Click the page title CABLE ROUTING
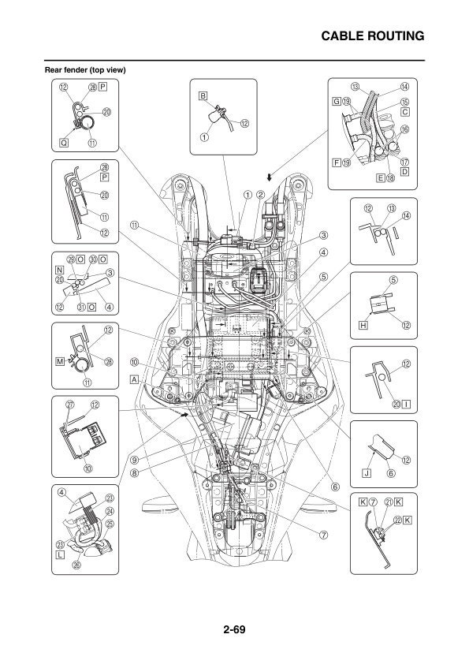click(x=374, y=36)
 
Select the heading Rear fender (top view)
click(x=85, y=69)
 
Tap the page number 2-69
click(x=234, y=629)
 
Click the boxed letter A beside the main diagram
click(x=136, y=379)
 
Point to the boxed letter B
click(x=203, y=95)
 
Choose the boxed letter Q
click(x=64, y=144)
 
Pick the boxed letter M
click(x=60, y=361)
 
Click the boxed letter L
click(x=60, y=554)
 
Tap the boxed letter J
click(x=367, y=473)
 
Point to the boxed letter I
click(x=407, y=405)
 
